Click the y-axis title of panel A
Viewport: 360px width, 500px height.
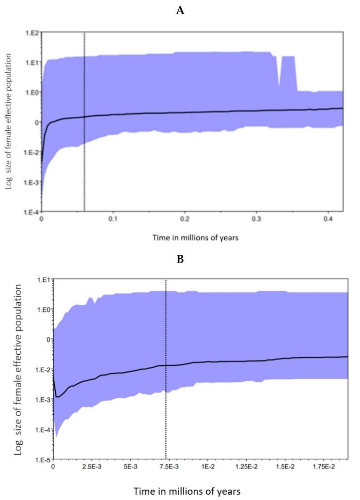[9, 122]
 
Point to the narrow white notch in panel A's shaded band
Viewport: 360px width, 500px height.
[279, 73]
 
